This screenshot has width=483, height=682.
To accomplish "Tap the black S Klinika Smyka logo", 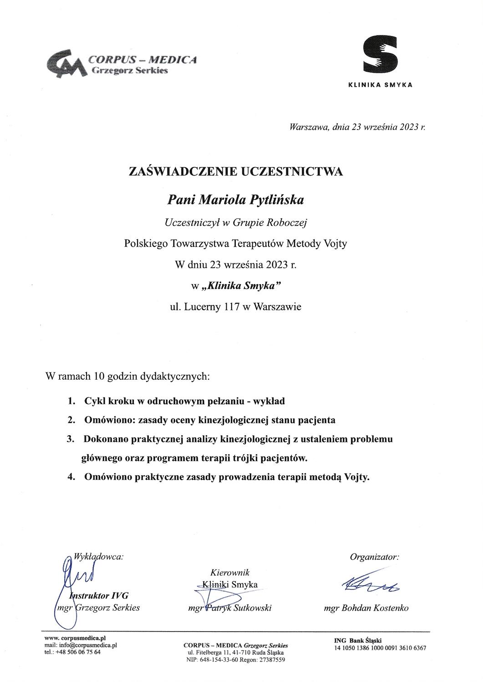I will click(x=380, y=54).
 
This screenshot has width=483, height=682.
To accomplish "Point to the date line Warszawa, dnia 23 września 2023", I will click(x=357, y=128).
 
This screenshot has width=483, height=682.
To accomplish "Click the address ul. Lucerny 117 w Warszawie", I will click(x=235, y=307).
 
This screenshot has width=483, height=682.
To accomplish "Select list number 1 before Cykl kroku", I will click(x=71, y=401).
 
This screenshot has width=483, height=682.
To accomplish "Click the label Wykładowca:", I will click(x=98, y=556).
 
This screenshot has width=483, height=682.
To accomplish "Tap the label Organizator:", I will click(x=374, y=557).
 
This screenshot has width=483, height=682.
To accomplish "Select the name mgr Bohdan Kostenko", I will click(x=366, y=608).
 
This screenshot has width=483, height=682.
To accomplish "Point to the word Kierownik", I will click(x=230, y=573).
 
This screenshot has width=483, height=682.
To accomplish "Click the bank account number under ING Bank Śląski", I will click(x=380, y=648).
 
